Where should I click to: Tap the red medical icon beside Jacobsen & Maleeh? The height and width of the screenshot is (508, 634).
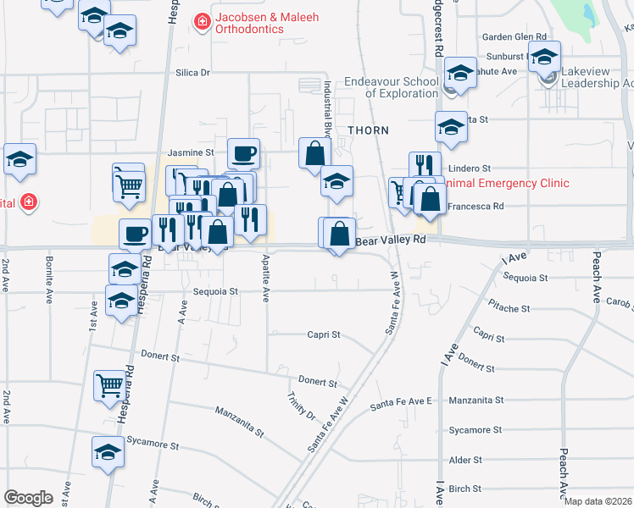pyautogui.click(x=202, y=19)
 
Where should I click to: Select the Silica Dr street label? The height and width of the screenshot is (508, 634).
pyautogui.click(x=192, y=73)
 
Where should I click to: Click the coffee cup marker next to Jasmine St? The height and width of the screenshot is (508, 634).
pyautogui.click(x=243, y=153)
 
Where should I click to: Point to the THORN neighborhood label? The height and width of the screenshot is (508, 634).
pyautogui.click(x=368, y=130)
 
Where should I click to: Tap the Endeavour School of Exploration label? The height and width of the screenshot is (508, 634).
pyautogui.click(x=392, y=87)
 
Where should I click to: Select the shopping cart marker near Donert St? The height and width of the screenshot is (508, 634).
pyautogui.click(x=110, y=385)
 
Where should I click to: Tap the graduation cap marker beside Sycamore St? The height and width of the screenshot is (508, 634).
pyautogui.click(x=108, y=452)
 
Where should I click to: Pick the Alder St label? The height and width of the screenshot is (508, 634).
pyautogui.click(x=466, y=460)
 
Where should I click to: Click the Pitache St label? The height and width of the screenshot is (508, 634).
pyautogui.click(x=509, y=309)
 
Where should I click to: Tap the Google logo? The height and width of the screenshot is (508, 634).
pyautogui.click(x=28, y=498)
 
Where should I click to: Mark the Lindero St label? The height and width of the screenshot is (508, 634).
pyautogui.click(x=470, y=169)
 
